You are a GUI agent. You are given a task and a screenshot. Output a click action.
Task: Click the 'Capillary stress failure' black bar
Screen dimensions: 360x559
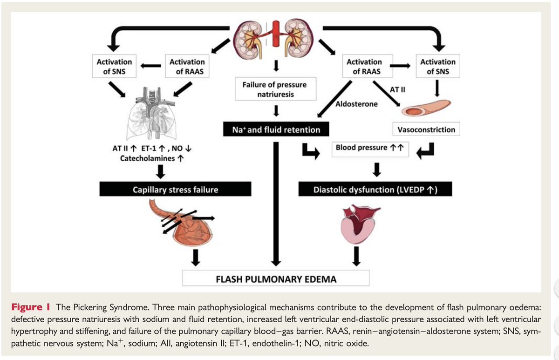pyautogui.click(x=175, y=190)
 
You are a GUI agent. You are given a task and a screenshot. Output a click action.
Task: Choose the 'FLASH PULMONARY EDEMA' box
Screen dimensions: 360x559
pyautogui.click(x=276, y=279)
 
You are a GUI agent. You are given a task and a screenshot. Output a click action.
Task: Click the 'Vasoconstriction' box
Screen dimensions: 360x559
pyautogui.click(x=426, y=129)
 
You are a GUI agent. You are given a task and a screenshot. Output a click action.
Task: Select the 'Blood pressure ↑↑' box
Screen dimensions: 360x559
pyautogui.click(x=370, y=148)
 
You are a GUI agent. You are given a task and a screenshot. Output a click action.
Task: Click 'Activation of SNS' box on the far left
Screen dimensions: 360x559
pyautogui.click(x=114, y=66)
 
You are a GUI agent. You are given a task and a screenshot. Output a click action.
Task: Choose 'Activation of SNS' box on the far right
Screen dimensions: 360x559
pyautogui.click(x=438, y=66)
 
